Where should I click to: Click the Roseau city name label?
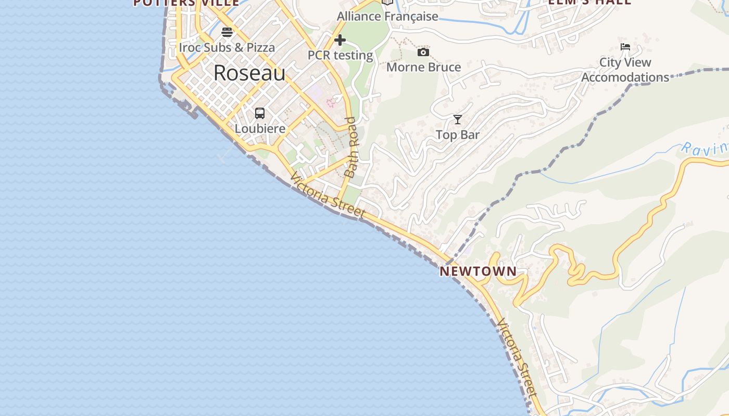[x=249, y=73]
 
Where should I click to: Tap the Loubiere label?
[x=260, y=128]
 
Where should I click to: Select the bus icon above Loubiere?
[x=260, y=113]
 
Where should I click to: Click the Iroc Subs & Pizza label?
[x=227, y=47]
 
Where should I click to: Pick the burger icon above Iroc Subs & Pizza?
[x=227, y=32]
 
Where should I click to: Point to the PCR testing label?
[x=340, y=55]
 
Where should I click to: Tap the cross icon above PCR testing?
[x=340, y=40]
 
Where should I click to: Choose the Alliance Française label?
[x=387, y=16]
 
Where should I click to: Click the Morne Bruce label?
[x=423, y=67]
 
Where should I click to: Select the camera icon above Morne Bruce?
[x=423, y=52]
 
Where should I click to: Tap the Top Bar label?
[x=457, y=135]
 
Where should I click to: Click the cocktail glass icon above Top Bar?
[x=457, y=120]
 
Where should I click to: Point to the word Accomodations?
[x=625, y=77]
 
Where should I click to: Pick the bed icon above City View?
[x=625, y=47]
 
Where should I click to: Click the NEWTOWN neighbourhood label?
[x=478, y=271]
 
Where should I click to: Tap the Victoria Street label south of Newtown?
[x=517, y=358]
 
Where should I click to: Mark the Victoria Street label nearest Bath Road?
[x=328, y=196]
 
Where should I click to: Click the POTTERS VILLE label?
[x=186, y=3]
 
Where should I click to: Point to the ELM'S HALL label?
[x=589, y=2]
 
